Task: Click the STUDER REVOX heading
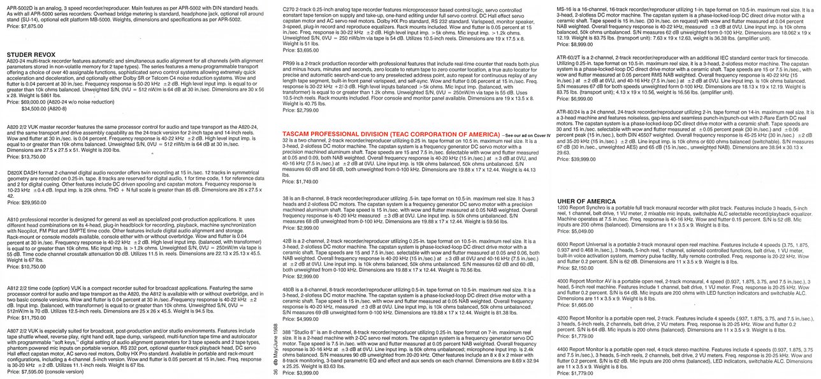pos(32,56)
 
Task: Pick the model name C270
pos(288,4)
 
